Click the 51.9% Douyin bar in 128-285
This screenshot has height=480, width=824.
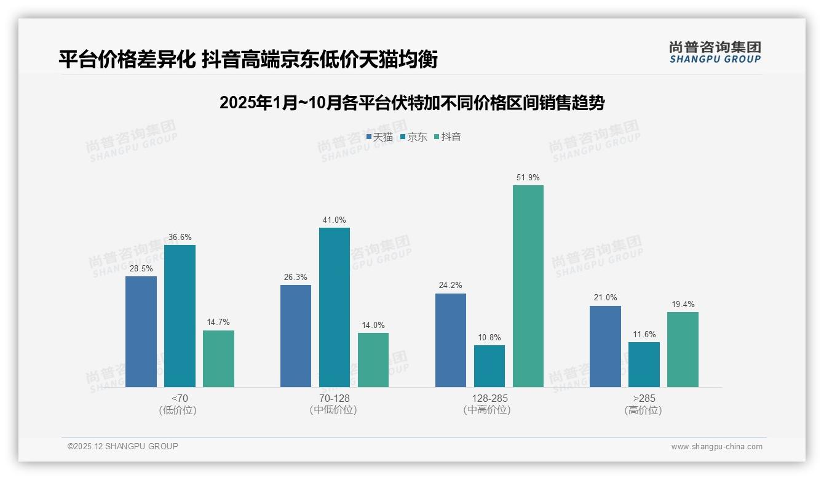(x=528, y=286)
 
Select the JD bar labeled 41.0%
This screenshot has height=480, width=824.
(x=334, y=307)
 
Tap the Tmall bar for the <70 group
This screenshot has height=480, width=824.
(x=141, y=332)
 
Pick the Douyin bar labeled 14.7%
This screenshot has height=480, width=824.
(x=218, y=359)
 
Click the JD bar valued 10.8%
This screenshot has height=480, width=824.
(x=489, y=366)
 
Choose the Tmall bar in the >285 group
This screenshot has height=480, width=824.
(x=605, y=346)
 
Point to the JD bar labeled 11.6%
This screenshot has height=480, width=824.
(x=644, y=364)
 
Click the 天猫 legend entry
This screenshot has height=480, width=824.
(x=379, y=137)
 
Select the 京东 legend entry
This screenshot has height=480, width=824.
(x=414, y=137)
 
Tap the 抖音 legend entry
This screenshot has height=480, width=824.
(x=448, y=137)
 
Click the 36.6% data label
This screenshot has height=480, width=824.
(x=180, y=237)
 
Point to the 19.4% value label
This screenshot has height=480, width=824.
(x=683, y=304)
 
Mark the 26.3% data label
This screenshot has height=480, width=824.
(x=296, y=277)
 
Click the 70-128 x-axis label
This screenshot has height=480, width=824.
(x=335, y=398)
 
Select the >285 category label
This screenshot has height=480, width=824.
(x=643, y=398)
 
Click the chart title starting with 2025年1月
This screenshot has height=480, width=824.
(x=412, y=103)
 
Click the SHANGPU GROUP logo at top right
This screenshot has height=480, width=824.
(x=715, y=52)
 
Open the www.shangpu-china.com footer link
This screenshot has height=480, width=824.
(x=716, y=447)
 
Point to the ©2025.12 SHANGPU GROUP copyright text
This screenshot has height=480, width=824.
(x=123, y=446)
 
